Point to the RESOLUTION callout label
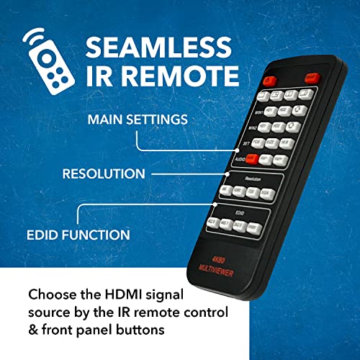point(104,174)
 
